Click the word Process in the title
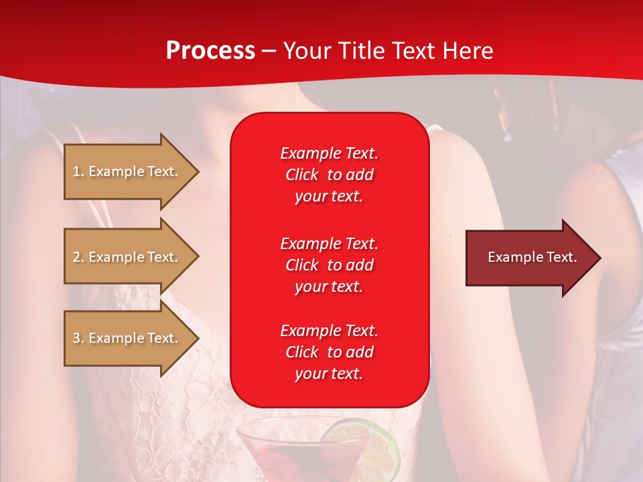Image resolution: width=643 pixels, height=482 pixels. pyautogui.click(x=210, y=51)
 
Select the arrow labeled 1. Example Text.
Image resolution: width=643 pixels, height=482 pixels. pyautogui.click(x=127, y=171)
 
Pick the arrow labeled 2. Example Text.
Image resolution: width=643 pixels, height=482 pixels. pyautogui.click(x=127, y=257)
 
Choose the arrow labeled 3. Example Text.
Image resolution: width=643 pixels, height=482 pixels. pyautogui.click(x=127, y=338)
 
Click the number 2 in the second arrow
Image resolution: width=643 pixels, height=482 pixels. pyautogui.click(x=76, y=257)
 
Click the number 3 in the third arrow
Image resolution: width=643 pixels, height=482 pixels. pyautogui.click(x=76, y=338)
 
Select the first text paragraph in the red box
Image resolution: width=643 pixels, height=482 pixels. pyautogui.click(x=329, y=174)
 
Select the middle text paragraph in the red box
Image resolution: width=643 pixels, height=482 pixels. pyautogui.click(x=329, y=265)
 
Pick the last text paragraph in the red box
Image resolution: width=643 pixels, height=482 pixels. pyautogui.click(x=329, y=352)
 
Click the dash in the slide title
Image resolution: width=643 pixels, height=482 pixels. pyautogui.click(x=269, y=52)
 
